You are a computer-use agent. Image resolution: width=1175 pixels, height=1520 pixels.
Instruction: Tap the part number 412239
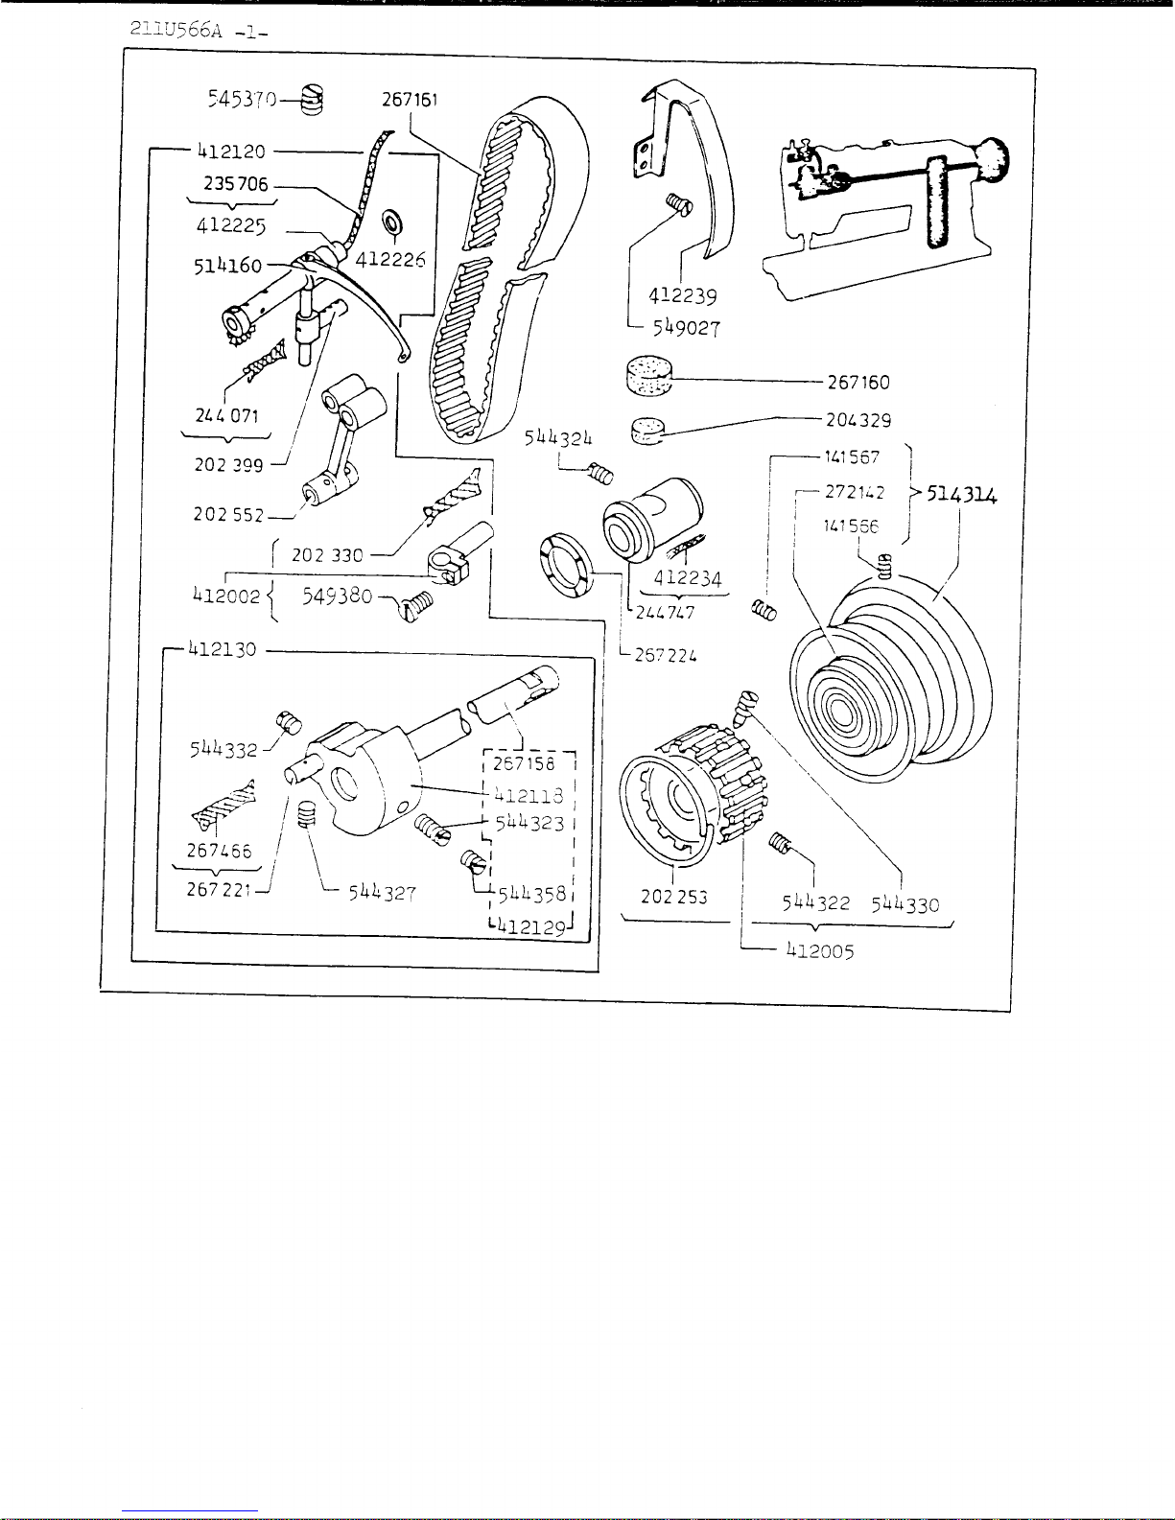[x=682, y=296]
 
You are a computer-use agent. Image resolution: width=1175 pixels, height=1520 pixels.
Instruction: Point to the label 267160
[x=858, y=383]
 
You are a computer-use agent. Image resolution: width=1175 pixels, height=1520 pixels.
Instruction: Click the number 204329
[x=858, y=420]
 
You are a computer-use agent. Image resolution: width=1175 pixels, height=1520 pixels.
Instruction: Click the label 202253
[x=674, y=898]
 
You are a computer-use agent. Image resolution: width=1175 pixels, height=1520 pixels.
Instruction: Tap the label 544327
[x=381, y=892]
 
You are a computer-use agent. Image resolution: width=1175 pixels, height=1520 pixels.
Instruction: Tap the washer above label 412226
[x=392, y=223]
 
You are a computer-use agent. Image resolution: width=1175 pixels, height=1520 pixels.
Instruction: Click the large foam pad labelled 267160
[x=646, y=376]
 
